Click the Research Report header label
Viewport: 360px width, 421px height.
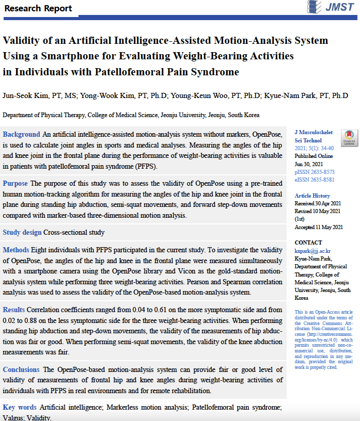point(38,9)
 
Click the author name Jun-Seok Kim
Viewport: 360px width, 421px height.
point(22,95)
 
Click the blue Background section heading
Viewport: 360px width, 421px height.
point(21,134)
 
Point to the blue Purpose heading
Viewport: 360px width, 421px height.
point(15,183)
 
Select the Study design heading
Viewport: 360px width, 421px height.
point(22,232)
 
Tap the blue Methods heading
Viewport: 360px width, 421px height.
point(16,250)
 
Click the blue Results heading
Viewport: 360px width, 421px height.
point(14,310)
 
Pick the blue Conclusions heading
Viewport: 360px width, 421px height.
point(21,369)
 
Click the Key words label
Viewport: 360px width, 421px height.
point(20,407)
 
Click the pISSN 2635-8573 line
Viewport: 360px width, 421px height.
point(314,172)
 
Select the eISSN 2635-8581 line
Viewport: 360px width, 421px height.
point(314,180)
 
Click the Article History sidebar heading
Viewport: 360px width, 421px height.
point(312,196)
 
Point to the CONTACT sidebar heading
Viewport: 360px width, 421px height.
point(308,242)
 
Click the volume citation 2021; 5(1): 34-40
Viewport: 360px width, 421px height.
point(315,148)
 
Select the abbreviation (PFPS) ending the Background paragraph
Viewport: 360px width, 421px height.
point(147,167)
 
